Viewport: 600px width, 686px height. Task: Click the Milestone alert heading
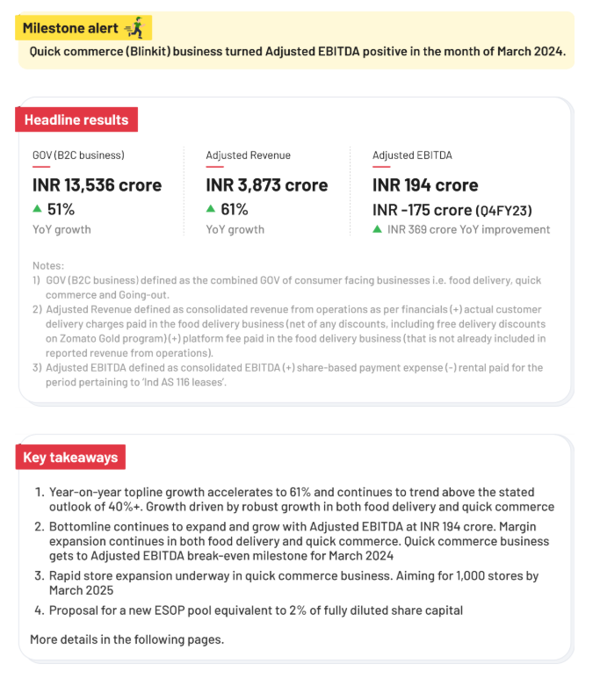(70, 28)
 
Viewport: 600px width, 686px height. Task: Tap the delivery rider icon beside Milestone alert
(134, 28)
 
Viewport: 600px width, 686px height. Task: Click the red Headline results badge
(76, 119)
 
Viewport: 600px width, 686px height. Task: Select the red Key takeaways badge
(71, 458)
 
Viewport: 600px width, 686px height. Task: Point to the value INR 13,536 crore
(97, 185)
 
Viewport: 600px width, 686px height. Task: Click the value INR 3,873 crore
(266, 185)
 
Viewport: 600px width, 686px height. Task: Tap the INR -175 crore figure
(422, 210)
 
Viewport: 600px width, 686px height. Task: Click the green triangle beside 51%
(37, 209)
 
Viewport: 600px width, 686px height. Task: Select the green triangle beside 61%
(211, 209)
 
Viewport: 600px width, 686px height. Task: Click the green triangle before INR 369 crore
(377, 229)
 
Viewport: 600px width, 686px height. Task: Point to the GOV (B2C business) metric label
(78, 155)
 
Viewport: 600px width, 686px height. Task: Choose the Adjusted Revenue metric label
(248, 155)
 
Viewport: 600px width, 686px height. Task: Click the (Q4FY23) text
(503, 211)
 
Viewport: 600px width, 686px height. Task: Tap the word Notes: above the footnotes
(48, 265)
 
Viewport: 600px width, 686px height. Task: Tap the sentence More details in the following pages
(127, 639)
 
